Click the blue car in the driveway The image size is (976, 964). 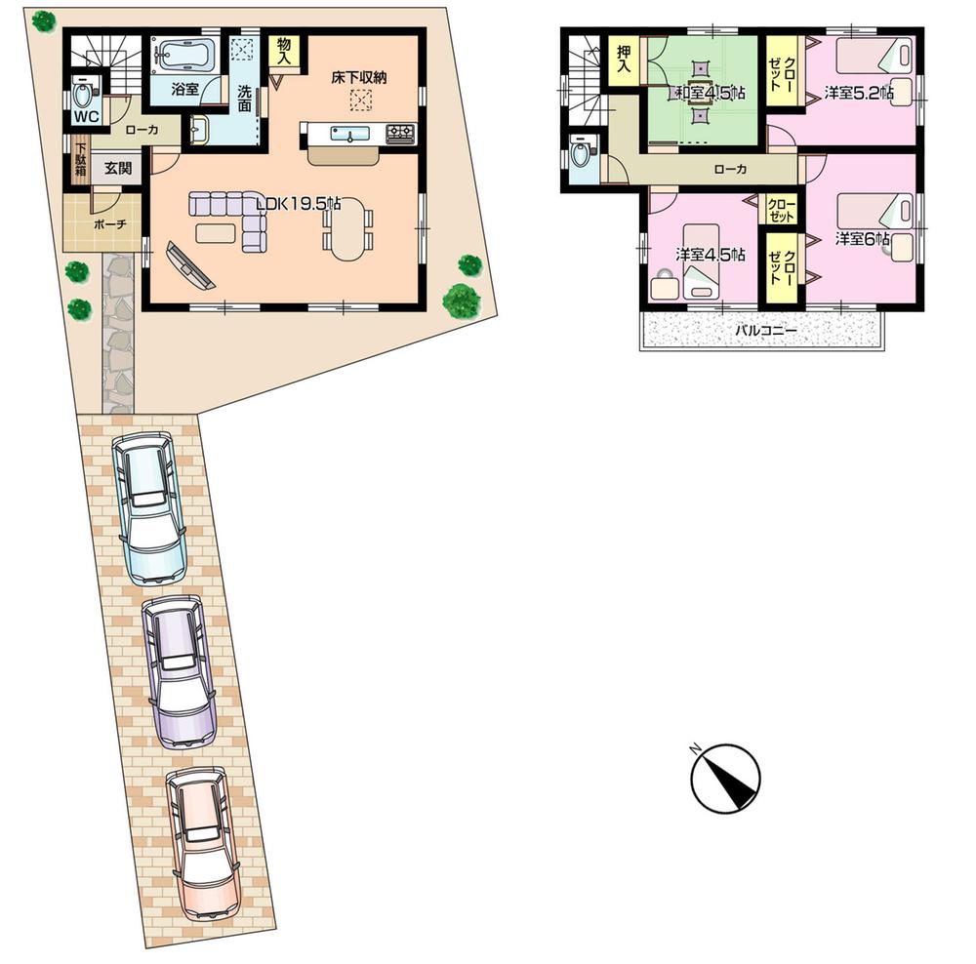coord(149,506)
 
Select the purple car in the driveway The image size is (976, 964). coord(179,670)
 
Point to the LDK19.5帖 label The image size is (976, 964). coord(298,204)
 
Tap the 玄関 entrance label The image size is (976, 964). coord(118,167)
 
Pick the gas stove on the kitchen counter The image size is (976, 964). coord(400,134)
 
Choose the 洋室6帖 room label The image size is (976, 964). coord(862,237)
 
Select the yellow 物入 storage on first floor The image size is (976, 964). coord(285,53)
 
